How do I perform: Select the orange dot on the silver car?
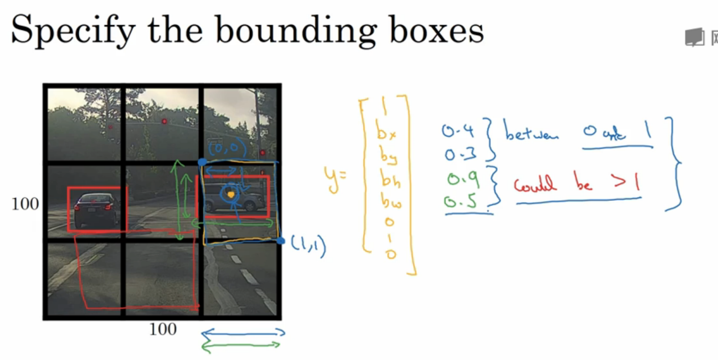tap(231, 195)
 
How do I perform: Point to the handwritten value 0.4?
tap(458, 131)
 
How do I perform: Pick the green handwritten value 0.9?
tap(463, 179)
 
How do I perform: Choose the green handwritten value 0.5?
tap(460, 202)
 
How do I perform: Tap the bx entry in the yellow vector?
tap(386, 131)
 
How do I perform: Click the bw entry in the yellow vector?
tap(391, 201)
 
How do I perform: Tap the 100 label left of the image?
tap(25, 204)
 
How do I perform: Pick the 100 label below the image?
tap(163, 330)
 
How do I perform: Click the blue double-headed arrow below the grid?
tap(243, 333)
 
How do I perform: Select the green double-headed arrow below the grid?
tap(241, 346)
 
